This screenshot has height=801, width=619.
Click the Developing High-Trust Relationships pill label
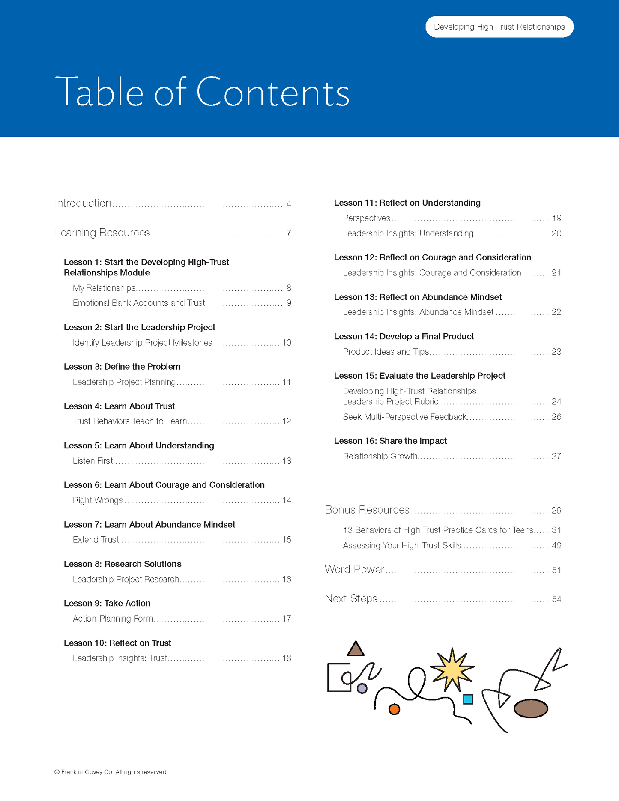pyautogui.click(x=499, y=27)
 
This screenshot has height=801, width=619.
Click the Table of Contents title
pyautogui.click(x=202, y=92)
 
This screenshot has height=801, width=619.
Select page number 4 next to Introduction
pyautogui.click(x=289, y=204)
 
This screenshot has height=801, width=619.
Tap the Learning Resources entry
pyautogui.click(x=102, y=233)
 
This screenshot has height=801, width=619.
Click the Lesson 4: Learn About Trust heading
pyautogui.click(x=119, y=406)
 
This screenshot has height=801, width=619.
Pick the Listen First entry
pyautogui.click(x=93, y=461)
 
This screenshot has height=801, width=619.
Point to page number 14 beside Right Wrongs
pyautogui.click(x=286, y=500)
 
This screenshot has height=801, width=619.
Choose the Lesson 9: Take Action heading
pyautogui.click(x=107, y=603)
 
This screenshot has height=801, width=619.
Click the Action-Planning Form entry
pyautogui.click(x=113, y=619)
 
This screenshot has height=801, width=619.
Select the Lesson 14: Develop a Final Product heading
pyautogui.click(x=404, y=336)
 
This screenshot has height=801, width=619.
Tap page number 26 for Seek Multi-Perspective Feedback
pyautogui.click(x=556, y=417)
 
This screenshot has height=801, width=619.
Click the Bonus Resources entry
pyautogui.click(x=367, y=510)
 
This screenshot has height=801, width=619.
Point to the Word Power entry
pyautogui.click(x=354, y=569)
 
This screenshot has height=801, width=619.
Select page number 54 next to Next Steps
pyautogui.click(x=556, y=599)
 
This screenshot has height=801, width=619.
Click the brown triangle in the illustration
pyautogui.click(x=355, y=649)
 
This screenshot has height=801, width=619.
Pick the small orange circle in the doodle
pyautogui.click(x=394, y=709)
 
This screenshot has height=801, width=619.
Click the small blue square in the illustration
pyautogui.click(x=468, y=699)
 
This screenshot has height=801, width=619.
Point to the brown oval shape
pyautogui.click(x=531, y=708)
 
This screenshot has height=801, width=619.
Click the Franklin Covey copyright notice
pyautogui.click(x=111, y=772)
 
